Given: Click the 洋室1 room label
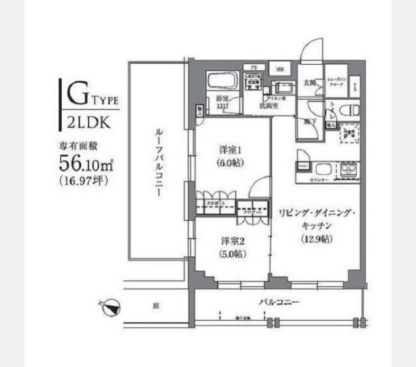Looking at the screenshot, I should [x=231, y=150].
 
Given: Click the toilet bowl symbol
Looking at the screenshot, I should [x=351, y=111].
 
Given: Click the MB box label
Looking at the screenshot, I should [x=279, y=69].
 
